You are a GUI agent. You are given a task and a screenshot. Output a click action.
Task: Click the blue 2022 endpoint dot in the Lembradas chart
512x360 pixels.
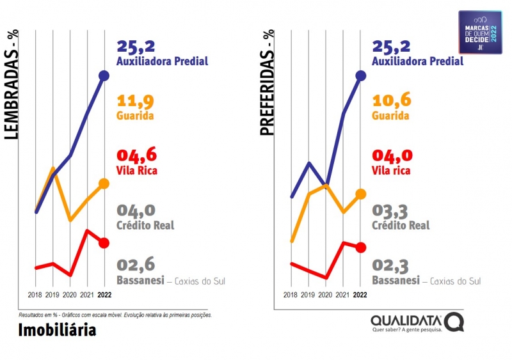pos(104,76)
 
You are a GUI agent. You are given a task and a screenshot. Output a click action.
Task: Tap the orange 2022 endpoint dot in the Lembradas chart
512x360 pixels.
pos(104,184)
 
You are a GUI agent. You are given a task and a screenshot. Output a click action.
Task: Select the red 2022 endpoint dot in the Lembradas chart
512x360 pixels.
pos(104,242)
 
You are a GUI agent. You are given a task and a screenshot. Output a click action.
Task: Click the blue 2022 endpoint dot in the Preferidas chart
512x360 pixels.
pos(360,75)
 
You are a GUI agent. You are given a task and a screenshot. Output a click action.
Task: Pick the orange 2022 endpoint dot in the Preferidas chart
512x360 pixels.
pos(360,193)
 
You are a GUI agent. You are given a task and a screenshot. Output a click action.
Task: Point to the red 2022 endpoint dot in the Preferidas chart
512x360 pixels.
pos(360,247)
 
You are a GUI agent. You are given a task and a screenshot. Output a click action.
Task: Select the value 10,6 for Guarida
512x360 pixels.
pos(392,102)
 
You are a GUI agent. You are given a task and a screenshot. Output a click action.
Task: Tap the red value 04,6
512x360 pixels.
pos(136,156)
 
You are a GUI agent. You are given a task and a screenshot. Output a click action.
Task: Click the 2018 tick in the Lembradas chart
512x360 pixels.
pos(36,295)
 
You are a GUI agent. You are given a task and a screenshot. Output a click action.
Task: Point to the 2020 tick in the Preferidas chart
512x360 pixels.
pos(326,295)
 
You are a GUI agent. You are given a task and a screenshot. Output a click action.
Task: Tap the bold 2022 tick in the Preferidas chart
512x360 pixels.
pos(360,295)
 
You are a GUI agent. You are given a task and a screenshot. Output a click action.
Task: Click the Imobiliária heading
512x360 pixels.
pos(57,330)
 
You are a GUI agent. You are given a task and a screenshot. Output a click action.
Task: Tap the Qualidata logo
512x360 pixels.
pos(417,323)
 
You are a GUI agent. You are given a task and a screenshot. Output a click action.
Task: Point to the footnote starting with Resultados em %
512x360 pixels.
pos(115,315)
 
